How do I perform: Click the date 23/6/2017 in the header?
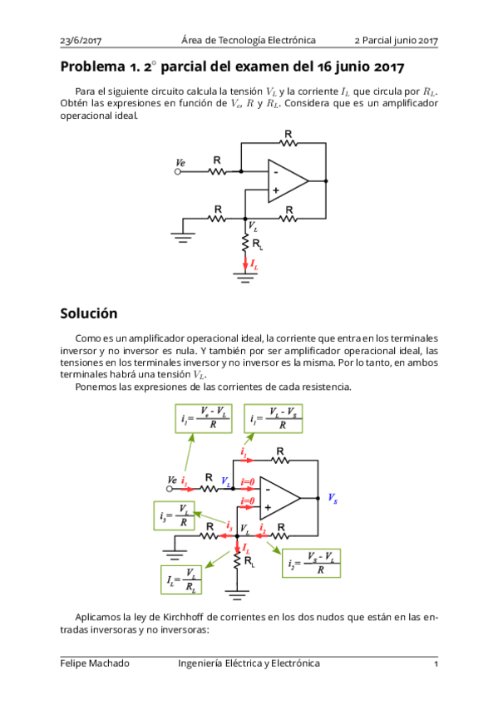[x=81, y=41]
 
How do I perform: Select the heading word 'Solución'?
[x=88, y=313]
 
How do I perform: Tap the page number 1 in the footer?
[x=436, y=663]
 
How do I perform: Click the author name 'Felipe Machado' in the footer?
[x=95, y=663]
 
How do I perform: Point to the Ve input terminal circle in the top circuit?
[x=177, y=172]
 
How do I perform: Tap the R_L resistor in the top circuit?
[x=246, y=242]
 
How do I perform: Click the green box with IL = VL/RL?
[x=183, y=579]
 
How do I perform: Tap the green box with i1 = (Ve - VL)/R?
[x=205, y=418]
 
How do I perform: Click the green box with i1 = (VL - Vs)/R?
[x=273, y=418]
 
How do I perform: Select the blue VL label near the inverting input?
[x=225, y=481]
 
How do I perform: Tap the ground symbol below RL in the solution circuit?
[x=238, y=594]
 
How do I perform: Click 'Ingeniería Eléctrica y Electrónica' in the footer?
[x=249, y=663]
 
